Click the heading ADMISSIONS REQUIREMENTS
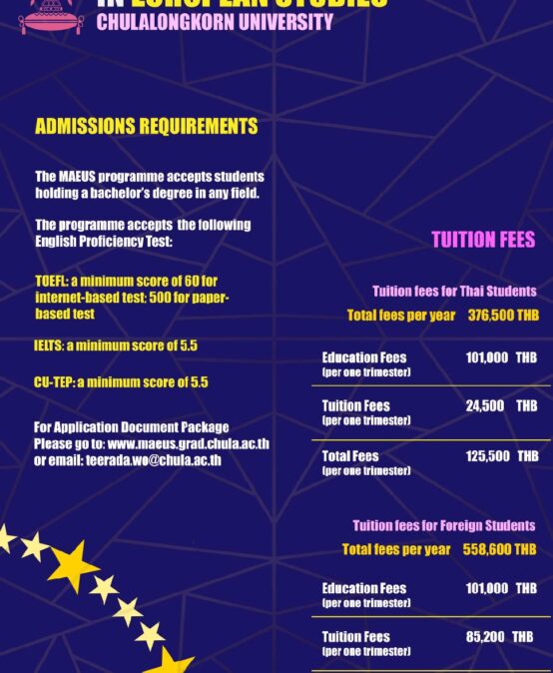[x=146, y=127]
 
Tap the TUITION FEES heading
[x=483, y=240]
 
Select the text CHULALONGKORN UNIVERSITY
[x=215, y=22]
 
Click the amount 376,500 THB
[x=503, y=316]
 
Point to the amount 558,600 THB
[x=499, y=549]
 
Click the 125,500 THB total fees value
[x=501, y=456]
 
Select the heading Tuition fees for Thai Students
[x=454, y=292]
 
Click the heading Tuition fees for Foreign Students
[x=443, y=525]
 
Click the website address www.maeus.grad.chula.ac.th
[x=188, y=444]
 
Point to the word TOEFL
[x=51, y=282]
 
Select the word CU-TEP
[x=54, y=382]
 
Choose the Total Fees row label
[x=350, y=456]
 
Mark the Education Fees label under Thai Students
[x=363, y=357]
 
